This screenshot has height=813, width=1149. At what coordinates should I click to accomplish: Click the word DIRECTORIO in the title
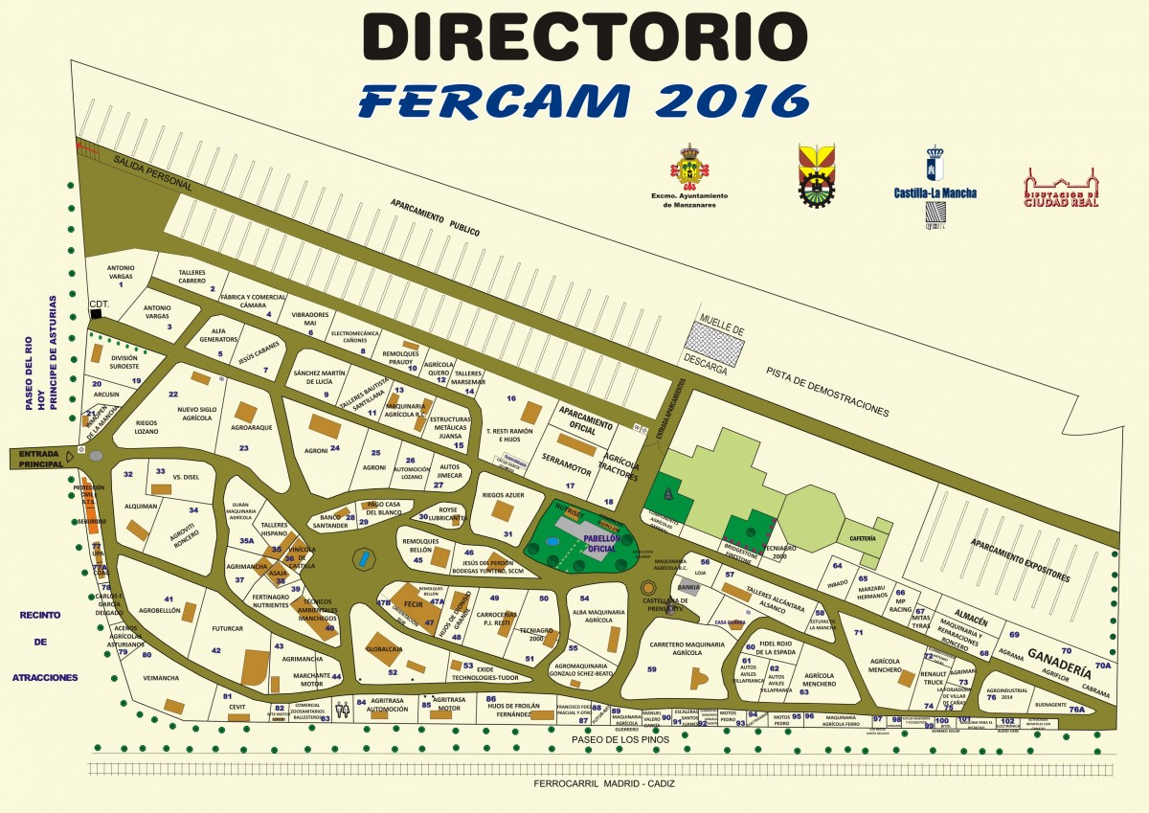coord(584,38)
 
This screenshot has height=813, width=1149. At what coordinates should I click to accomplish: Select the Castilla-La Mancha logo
coord(935,187)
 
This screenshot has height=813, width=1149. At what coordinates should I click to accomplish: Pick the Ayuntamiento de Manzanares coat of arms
coord(688,168)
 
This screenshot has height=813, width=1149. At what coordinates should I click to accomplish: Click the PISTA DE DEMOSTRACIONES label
coord(826,393)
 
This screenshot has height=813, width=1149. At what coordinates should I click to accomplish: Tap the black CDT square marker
coord(96,314)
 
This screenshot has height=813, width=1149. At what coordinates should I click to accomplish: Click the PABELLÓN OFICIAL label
coord(599,543)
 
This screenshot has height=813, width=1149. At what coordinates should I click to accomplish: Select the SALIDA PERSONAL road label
coord(153,171)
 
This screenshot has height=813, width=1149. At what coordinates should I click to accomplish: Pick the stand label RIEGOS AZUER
coord(503,496)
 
